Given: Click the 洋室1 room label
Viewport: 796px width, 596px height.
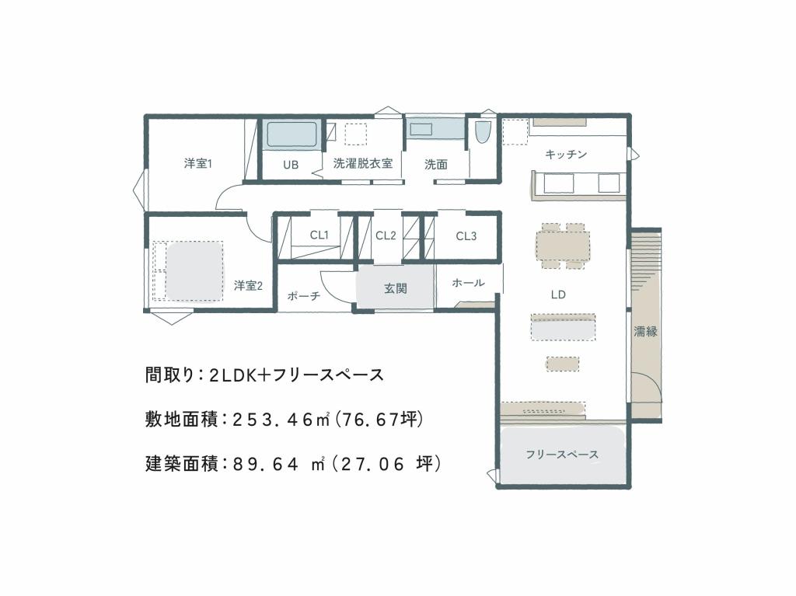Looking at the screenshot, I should tap(198, 164).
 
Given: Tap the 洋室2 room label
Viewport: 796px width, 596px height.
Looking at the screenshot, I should tap(248, 286).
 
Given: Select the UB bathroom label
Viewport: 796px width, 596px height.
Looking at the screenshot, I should tap(291, 165).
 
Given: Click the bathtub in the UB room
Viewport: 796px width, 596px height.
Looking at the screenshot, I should tap(292, 134).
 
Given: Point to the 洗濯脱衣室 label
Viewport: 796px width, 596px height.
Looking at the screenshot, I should tap(362, 164).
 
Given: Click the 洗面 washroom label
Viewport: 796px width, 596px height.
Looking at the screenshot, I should tap(435, 165).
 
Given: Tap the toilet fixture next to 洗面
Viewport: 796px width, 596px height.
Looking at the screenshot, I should tap(482, 132).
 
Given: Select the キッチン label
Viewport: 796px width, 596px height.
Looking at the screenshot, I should tap(566, 155).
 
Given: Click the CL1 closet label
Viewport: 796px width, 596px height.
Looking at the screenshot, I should tap(319, 235).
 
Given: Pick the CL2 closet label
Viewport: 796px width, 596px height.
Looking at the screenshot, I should tap(386, 235).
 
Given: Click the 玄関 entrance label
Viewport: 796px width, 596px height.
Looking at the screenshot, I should tap(396, 288).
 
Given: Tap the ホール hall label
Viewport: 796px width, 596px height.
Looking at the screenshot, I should tap(468, 283).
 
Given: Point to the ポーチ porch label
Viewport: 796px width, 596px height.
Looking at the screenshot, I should tap(304, 295).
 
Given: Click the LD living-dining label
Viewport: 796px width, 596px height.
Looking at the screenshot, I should tap(557, 295).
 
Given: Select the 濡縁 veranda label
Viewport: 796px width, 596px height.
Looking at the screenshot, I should tap(645, 332).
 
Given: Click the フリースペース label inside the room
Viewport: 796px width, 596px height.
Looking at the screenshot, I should tap(562, 455).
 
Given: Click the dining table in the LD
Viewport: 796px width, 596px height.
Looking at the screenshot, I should tap(563, 246).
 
